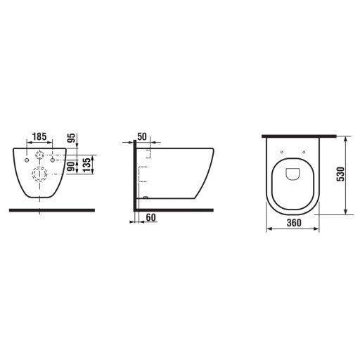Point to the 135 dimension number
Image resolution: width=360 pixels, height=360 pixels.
tap(86, 166)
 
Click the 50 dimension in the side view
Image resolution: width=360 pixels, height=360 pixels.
tap(142, 136)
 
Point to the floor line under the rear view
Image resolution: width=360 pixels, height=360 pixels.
tap(53, 209)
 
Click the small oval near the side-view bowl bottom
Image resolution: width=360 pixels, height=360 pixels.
tap(143, 199)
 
